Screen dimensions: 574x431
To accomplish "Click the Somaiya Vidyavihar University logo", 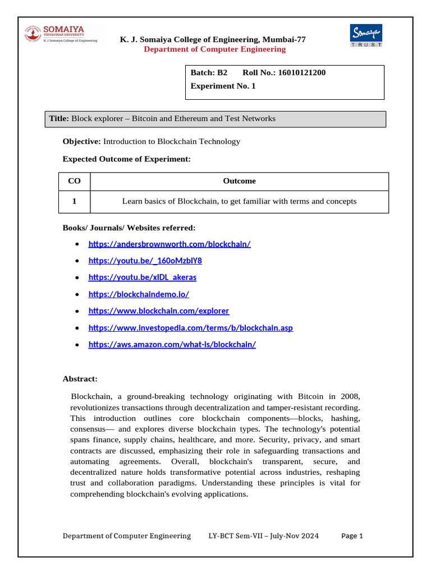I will (x=61, y=34).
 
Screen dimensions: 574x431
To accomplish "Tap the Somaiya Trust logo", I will (x=366, y=35).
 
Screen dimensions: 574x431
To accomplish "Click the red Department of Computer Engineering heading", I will (x=214, y=49).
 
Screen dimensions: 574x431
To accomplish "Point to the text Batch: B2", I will (x=209, y=73).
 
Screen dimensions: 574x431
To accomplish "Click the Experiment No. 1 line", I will (x=223, y=86).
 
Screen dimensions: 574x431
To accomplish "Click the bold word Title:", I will (x=59, y=119).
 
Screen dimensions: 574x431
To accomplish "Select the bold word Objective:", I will (x=81, y=142).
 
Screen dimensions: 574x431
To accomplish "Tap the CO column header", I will (x=74, y=181).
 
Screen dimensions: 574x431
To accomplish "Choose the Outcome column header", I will (x=239, y=181).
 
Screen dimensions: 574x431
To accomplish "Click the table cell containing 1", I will (x=74, y=202).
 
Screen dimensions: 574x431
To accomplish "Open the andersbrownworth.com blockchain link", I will (x=169, y=244).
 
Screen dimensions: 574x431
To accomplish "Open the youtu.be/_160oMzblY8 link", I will (x=145, y=261).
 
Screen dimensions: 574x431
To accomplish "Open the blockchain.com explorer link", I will (x=159, y=311).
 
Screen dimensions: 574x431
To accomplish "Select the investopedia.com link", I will (x=190, y=328).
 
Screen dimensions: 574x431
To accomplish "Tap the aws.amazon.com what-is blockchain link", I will (x=172, y=345).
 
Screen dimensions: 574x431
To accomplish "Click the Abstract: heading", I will (x=80, y=379).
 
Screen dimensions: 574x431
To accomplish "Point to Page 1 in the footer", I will (x=352, y=536).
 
